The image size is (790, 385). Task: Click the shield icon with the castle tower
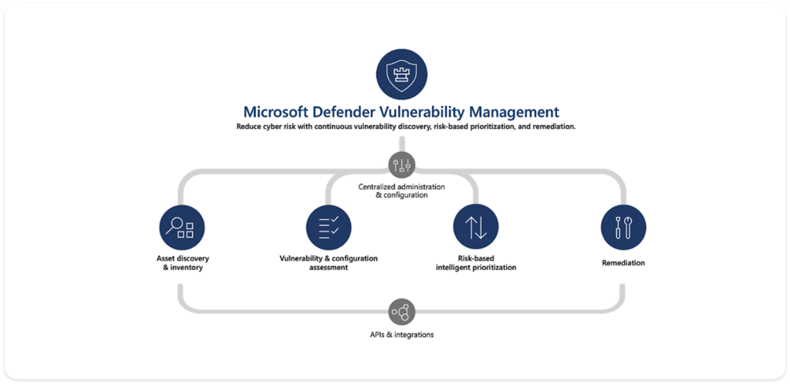click(x=402, y=75)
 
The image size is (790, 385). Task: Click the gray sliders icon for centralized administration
click(x=402, y=164)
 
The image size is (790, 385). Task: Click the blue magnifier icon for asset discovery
click(x=182, y=228)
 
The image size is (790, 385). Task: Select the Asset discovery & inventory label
click(x=182, y=263)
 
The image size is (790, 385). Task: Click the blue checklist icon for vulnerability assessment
click(x=329, y=228)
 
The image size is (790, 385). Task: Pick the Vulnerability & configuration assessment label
click(x=329, y=263)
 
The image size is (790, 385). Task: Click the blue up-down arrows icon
click(x=475, y=228)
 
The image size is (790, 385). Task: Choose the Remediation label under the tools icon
click(x=623, y=263)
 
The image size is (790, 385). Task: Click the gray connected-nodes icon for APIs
click(x=402, y=311)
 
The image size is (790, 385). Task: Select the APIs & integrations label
click(x=402, y=335)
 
